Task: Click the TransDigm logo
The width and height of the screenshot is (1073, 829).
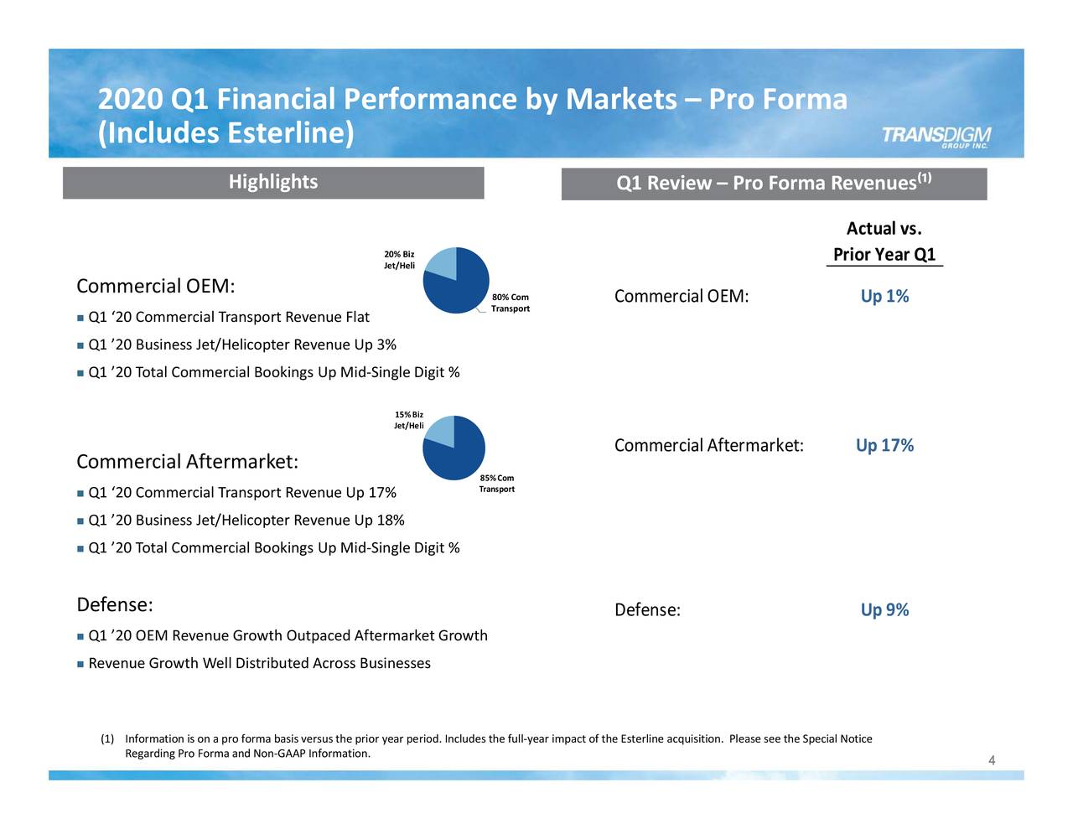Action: pyautogui.click(x=936, y=137)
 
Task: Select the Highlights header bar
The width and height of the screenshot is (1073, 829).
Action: pyautogui.click(x=273, y=183)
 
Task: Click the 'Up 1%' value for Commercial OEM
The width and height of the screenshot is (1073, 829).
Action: pyautogui.click(x=884, y=297)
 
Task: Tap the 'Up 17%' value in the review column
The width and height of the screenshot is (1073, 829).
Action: pyautogui.click(x=884, y=446)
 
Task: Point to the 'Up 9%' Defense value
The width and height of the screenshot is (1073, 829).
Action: pyautogui.click(x=884, y=610)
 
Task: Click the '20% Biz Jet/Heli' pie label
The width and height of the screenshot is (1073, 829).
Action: pyautogui.click(x=399, y=260)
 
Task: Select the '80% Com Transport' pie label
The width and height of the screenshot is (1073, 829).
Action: pyautogui.click(x=510, y=303)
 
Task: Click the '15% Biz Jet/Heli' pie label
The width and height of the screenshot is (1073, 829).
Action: pyautogui.click(x=408, y=420)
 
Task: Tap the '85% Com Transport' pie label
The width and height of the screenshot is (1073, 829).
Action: pyautogui.click(x=496, y=484)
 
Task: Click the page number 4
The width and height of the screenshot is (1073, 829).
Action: pyautogui.click(x=992, y=761)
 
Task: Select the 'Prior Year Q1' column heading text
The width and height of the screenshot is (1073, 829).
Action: pyautogui.click(x=884, y=255)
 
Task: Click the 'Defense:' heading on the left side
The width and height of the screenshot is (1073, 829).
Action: pyautogui.click(x=114, y=605)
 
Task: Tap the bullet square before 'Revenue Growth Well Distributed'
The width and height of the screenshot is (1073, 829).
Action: pyautogui.click(x=80, y=665)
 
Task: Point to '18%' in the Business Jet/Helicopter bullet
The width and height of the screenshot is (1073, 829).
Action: pyautogui.click(x=391, y=521)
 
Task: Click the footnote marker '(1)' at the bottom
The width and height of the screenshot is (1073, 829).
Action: pyautogui.click(x=107, y=739)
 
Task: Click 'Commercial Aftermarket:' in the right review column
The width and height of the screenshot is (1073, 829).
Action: pyautogui.click(x=708, y=446)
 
